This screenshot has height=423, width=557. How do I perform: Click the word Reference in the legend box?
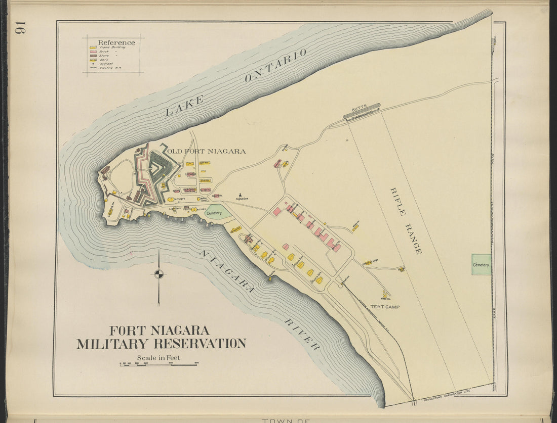[x=116, y=42]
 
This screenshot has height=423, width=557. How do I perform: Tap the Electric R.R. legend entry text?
[x=108, y=68]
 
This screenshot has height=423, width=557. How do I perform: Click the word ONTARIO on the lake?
[x=276, y=65]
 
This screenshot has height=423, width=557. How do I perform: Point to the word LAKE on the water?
[x=185, y=105]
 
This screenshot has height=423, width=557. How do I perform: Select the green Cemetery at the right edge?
[x=481, y=265]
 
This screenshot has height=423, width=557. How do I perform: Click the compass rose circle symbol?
[x=159, y=274]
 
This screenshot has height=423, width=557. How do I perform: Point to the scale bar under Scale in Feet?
[x=158, y=364]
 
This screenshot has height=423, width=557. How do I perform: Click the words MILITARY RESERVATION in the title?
[x=161, y=344]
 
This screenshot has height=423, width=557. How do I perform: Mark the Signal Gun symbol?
[x=240, y=195]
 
